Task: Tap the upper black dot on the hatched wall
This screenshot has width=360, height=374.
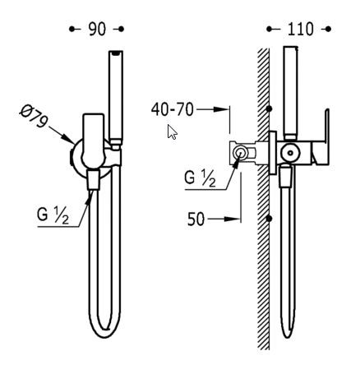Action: [x=269, y=109]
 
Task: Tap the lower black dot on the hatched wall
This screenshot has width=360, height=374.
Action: [x=269, y=219]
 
